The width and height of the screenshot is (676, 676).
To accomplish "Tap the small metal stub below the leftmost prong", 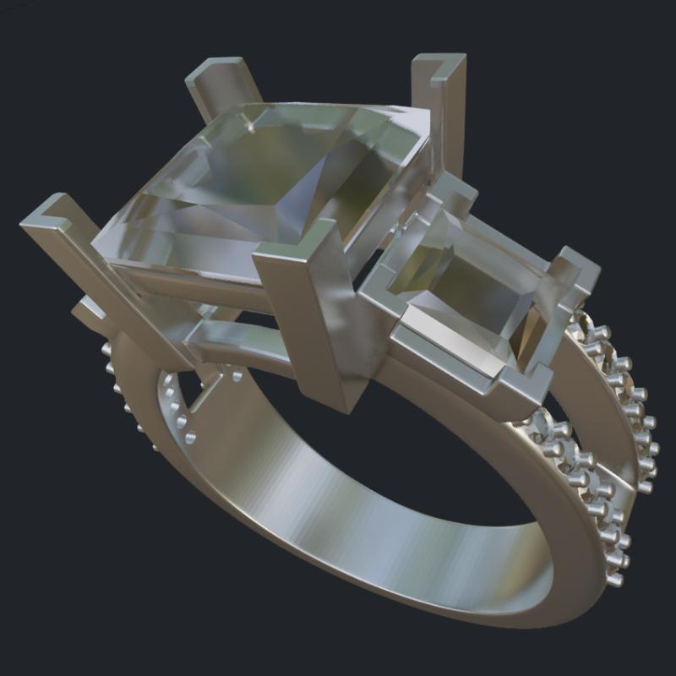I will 89,313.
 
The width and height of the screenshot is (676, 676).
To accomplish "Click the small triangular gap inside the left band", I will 203,389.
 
